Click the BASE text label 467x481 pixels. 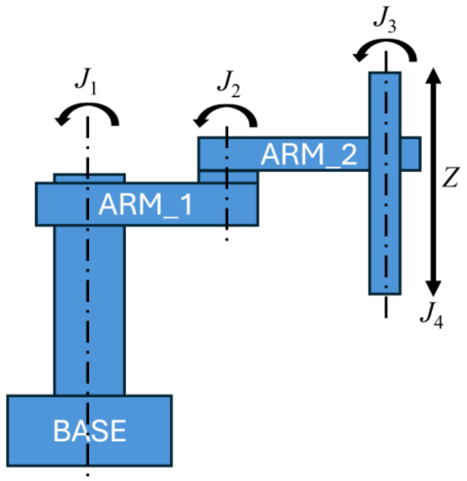click(90, 431)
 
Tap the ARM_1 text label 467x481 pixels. click(145, 205)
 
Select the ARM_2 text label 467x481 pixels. click(309, 155)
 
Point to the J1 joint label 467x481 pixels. click(86, 80)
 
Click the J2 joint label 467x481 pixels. click(229, 83)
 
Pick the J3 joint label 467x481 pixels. click(385, 20)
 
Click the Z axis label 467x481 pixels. click(450, 177)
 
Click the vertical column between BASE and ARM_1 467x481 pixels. click(90, 310)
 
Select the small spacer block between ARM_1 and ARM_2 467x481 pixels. click(227, 176)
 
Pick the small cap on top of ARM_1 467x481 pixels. click(90, 179)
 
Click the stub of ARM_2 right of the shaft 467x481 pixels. click(411, 154)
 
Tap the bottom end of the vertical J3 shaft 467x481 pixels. click(385, 294)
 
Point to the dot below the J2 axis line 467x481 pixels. click(227, 240)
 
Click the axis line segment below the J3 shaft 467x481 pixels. click(385, 307)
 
